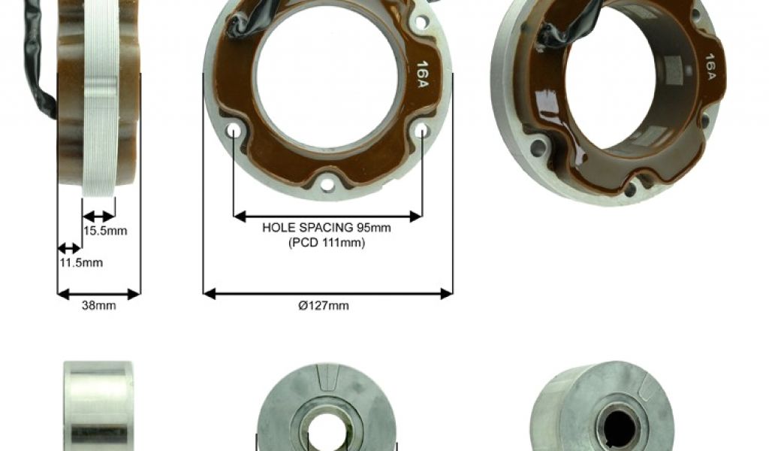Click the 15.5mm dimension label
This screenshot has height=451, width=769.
(105, 231)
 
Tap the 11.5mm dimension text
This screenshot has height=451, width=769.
(81, 262)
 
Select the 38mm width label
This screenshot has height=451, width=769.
(99, 305)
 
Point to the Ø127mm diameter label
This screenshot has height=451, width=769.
(324, 305)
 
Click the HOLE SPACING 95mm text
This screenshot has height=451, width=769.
(327, 228)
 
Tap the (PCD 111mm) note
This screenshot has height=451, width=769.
(327, 243)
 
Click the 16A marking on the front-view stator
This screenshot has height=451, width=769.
(422, 74)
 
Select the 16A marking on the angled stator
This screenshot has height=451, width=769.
(710, 66)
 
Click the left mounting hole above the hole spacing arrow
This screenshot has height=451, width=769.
(234, 131)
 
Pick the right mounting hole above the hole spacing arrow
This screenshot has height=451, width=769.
(422, 131)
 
